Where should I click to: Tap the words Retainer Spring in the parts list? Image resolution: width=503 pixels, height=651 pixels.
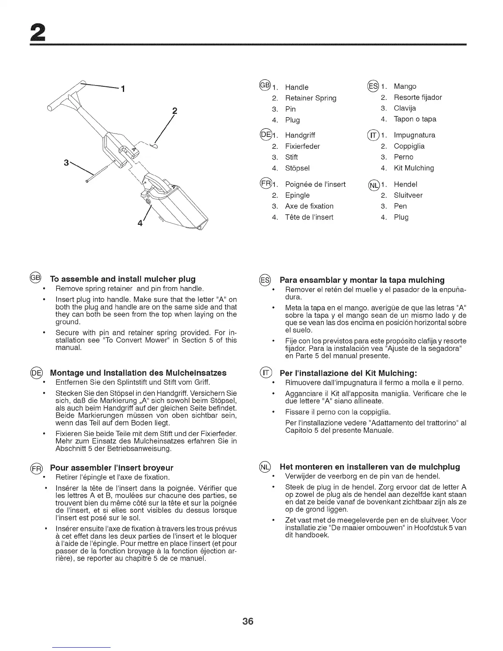point(311,98)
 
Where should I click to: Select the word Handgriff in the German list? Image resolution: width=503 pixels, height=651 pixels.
point(300,135)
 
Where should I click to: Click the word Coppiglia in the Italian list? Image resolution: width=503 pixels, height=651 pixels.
point(409,146)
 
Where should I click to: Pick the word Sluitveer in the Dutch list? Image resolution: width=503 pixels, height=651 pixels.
point(408,195)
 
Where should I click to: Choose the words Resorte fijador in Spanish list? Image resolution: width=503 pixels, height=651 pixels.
point(418,98)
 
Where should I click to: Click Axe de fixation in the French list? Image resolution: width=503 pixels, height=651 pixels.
point(309,206)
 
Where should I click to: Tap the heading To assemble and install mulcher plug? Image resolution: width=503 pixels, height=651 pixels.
point(122,279)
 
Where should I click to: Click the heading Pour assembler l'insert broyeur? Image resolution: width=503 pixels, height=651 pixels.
point(111,468)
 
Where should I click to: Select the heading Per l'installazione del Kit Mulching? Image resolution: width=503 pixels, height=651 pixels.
point(348,373)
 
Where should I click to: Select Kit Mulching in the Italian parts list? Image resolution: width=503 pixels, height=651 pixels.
point(413,168)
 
